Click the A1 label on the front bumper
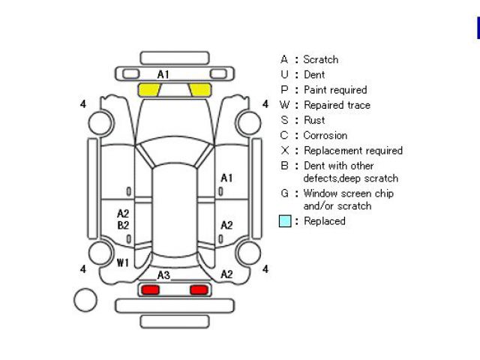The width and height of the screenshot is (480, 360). [163, 74]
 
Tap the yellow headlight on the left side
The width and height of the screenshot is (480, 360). [149, 90]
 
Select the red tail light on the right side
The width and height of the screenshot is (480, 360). [199, 289]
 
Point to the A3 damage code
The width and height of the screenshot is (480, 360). [163, 275]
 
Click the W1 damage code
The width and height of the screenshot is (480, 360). [123, 262]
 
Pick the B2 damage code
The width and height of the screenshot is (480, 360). [123, 225]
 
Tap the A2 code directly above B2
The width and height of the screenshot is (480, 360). [123, 214]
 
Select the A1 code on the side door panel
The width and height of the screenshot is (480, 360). [226, 178]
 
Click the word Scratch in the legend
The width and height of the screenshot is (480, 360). [320, 59]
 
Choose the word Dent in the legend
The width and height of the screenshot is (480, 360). [313, 74]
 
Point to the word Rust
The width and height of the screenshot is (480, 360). [314, 120]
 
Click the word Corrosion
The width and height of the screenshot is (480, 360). [325, 136]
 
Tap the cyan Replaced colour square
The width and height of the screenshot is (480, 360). [285, 222]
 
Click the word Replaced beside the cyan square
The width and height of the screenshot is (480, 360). [325, 221]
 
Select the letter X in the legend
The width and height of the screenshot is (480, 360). [284, 151]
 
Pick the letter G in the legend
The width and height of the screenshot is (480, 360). [284, 193]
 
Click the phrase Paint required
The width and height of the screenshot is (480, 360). [334, 90]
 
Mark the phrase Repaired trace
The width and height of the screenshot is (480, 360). [336, 105]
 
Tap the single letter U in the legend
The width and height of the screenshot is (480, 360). [284, 74]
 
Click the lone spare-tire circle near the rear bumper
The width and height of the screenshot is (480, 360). [85, 301]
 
